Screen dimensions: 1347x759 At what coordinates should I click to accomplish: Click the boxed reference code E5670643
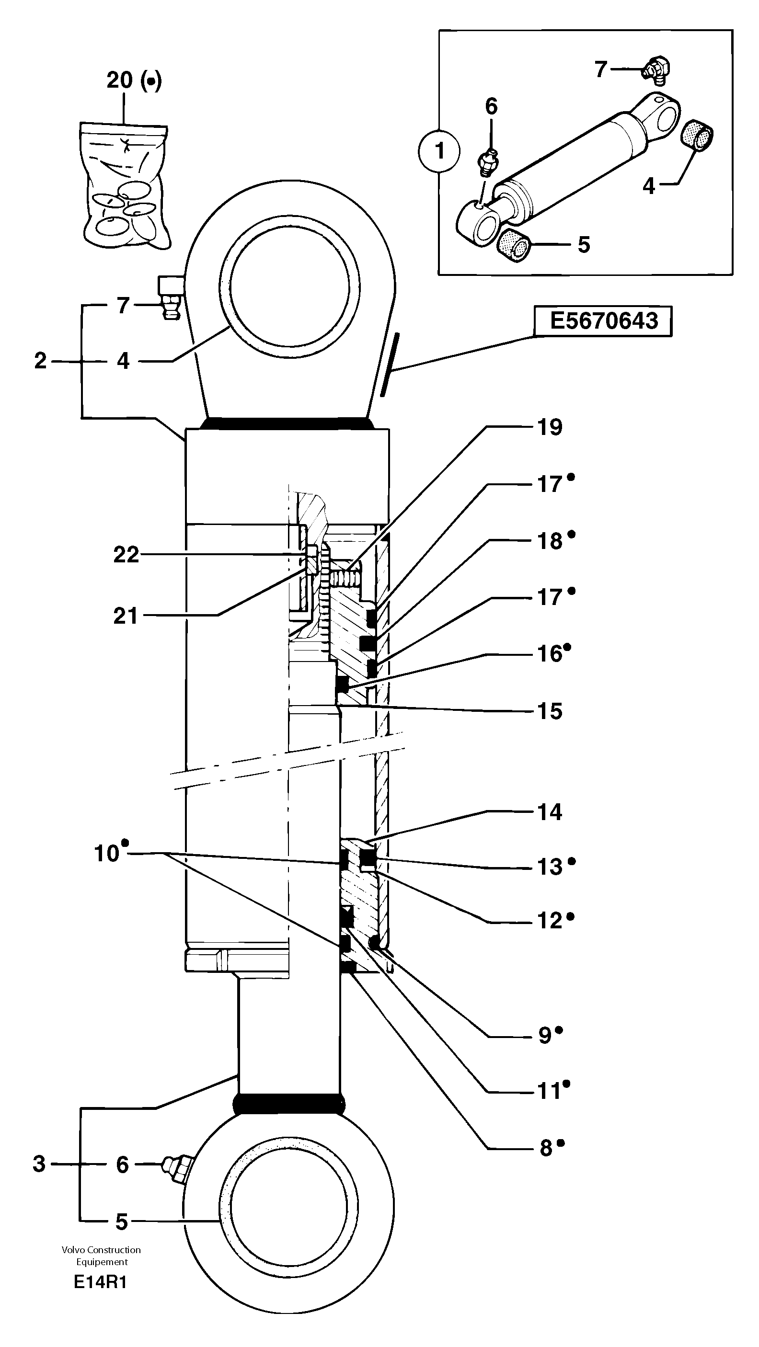(x=603, y=320)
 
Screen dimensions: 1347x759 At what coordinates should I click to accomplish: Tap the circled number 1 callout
(x=439, y=151)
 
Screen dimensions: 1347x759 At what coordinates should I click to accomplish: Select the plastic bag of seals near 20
(x=125, y=186)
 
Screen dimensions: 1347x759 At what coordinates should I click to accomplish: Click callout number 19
(x=550, y=427)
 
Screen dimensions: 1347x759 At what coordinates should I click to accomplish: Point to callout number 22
(x=126, y=554)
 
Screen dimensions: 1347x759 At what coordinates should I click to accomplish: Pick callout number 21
(x=126, y=616)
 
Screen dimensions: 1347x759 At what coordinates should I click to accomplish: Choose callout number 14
(x=550, y=811)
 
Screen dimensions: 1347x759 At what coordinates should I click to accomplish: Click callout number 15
(x=550, y=711)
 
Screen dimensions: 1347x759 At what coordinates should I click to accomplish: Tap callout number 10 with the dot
(x=107, y=854)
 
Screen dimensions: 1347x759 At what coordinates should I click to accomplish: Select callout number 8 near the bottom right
(x=546, y=1148)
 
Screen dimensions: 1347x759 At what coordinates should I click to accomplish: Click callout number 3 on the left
(x=39, y=1164)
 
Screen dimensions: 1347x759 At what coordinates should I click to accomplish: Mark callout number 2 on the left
(x=40, y=361)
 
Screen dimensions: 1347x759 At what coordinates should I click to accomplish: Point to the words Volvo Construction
(x=101, y=1250)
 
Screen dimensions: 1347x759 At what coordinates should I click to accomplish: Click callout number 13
(x=550, y=867)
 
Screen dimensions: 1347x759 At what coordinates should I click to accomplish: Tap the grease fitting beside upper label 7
(x=170, y=298)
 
